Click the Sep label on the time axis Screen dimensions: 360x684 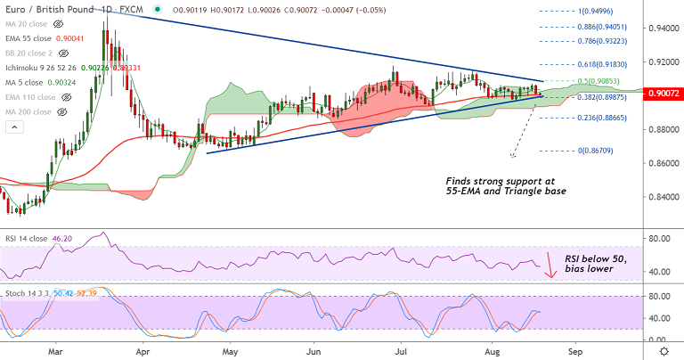pos(575,352)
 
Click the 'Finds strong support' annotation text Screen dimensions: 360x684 pos(505,186)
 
